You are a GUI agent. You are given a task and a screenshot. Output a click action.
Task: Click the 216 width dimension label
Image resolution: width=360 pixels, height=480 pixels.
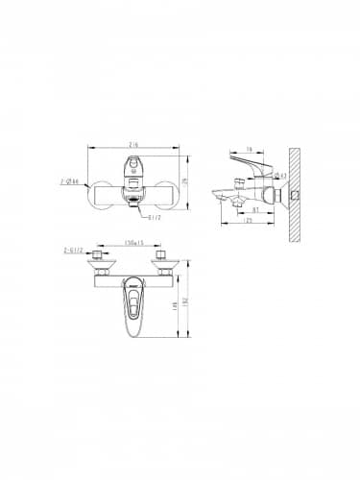133,141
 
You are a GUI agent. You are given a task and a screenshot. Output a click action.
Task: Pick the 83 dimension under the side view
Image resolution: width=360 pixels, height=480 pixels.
254,208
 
